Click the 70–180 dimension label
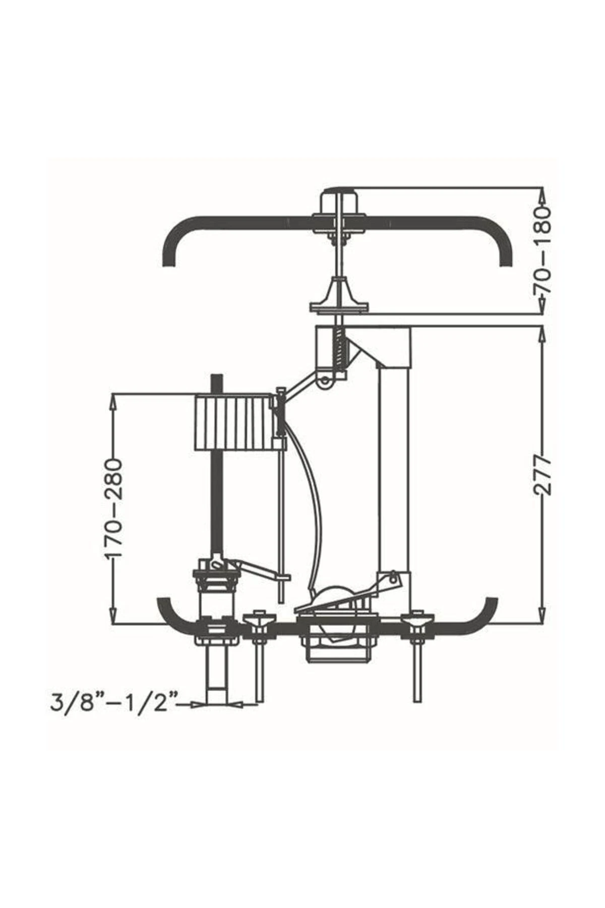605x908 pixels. point(544,252)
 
